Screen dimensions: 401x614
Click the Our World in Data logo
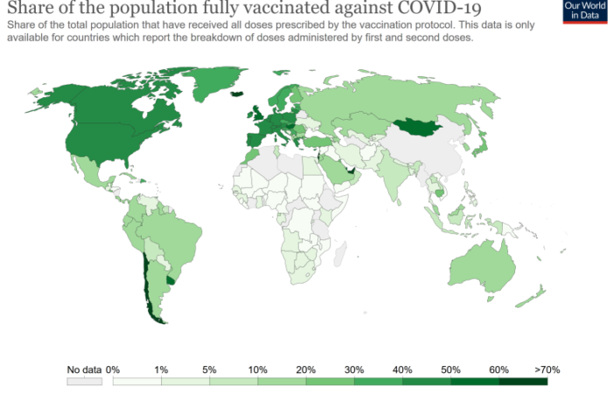coord(585,12)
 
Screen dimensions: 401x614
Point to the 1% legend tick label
coord(161,370)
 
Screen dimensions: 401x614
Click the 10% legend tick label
coord(257,370)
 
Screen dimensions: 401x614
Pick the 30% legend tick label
coord(354,370)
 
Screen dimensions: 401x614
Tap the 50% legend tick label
coord(450,370)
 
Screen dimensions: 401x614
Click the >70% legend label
coord(546,370)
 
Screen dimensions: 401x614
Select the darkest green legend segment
coord(523,382)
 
